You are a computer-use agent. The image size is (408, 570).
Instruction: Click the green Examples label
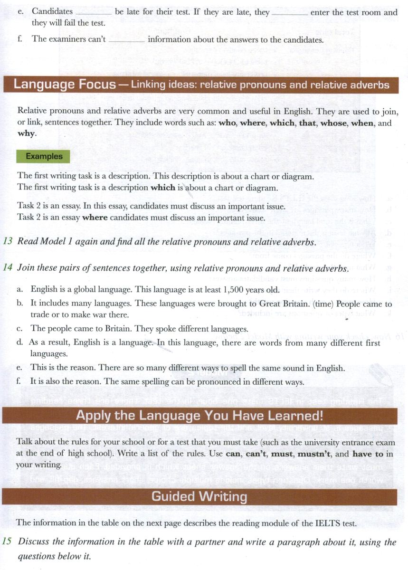click(44, 156)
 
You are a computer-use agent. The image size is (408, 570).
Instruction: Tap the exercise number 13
click(8, 241)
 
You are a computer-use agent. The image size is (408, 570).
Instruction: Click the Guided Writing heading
click(199, 497)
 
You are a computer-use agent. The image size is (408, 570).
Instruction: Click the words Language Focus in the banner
click(65, 85)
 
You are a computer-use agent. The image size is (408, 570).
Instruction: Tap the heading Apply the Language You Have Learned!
click(199, 416)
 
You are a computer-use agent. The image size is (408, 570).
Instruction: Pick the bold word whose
click(333, 123)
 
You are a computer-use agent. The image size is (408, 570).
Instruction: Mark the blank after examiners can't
click(127, 40)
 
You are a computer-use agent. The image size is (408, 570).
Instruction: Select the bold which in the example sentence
click(163, 187)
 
